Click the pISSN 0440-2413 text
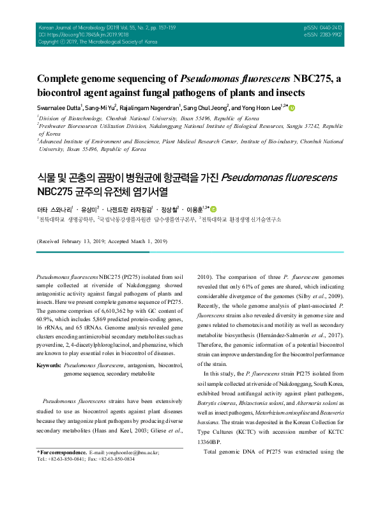point(324,28)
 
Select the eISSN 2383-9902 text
point(324,35)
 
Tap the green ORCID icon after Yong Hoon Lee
point(293,107)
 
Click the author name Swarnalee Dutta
point(57,108)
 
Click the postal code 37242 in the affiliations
point(300,127)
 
